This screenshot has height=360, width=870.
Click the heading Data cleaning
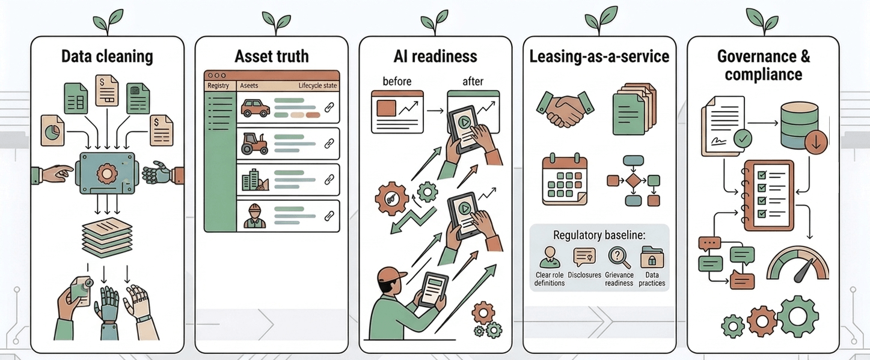[107, 57]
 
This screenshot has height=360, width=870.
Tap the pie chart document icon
[53, 130]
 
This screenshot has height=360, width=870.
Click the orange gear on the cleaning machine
[107, 174]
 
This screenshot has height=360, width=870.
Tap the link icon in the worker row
[329, 215]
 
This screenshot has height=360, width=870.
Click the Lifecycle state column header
[317, 86]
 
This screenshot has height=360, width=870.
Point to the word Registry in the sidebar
[218, 86]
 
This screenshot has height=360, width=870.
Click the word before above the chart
[397, 81]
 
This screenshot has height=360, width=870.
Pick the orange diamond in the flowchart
[634, 180]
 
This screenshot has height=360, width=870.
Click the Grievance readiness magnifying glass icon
[619, 257]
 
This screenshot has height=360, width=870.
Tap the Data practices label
[652, 279]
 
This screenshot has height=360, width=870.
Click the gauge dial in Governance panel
[797, 264]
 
